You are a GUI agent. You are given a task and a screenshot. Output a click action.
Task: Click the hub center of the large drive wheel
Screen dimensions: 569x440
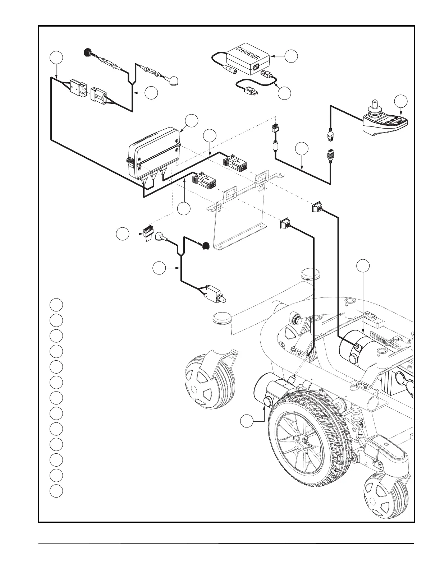(x=304, y=440)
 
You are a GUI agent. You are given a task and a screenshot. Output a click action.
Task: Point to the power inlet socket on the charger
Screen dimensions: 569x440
(x=256, y=66)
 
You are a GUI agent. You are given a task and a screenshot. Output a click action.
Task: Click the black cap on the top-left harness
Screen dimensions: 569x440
(x=87, y=52)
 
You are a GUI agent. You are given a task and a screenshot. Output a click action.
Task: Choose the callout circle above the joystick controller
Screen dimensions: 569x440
(x=401, y=101)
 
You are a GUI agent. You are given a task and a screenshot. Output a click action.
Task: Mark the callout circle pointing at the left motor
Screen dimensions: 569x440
(x=247, y=421)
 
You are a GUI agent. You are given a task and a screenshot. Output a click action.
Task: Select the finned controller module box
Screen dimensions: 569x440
(x=154, y=154)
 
